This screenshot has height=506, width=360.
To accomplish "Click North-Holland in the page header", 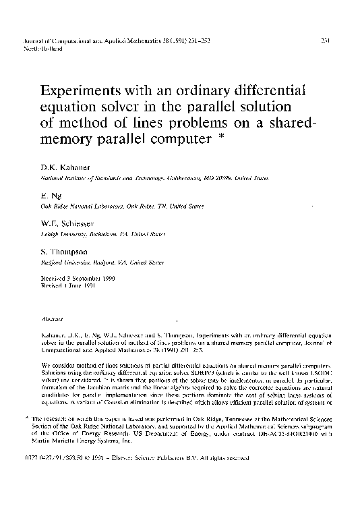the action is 40,49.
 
